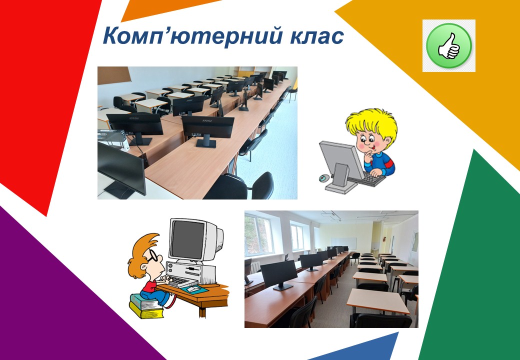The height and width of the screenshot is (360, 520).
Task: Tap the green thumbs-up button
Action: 448,45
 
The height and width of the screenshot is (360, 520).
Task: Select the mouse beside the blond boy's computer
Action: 324,178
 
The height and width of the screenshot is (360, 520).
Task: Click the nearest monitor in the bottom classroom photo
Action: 279,273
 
